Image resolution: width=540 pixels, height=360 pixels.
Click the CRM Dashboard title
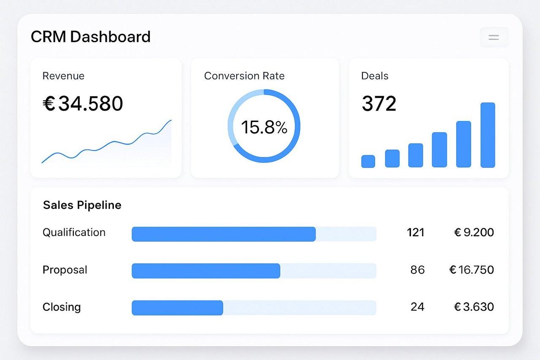click(90, 37)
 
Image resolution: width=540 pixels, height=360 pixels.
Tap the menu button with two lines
click(494, 37)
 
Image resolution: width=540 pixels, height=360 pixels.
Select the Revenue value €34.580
click(83, 103)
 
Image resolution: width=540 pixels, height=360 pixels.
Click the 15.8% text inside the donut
click(264, 127)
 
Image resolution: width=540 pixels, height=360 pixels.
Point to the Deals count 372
click(379, 103)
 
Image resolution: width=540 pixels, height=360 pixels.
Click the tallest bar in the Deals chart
click(487, 135)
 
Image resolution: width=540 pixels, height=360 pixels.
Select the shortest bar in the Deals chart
click(368, 161)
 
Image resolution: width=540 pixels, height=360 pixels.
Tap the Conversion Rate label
click(244, 76)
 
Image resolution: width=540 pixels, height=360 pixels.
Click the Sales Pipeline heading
click(82, 205)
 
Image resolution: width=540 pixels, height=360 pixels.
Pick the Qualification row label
click(74, 233)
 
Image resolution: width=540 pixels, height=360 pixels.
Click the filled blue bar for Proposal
click(206, 271)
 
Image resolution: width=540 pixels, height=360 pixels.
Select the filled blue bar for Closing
click(177, 308)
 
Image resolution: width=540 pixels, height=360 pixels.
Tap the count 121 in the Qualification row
click(416, 233)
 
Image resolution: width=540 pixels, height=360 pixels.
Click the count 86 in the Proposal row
click(417, 270)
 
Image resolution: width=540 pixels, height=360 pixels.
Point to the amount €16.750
click(471, 270)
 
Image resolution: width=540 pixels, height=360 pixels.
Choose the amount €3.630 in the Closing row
click(473, 307)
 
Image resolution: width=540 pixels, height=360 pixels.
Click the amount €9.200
click(473, 233)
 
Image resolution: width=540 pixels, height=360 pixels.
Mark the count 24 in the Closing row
click(417, 307)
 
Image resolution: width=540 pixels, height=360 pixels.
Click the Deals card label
click(375, 76)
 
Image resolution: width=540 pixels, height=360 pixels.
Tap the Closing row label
click(62, 307)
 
